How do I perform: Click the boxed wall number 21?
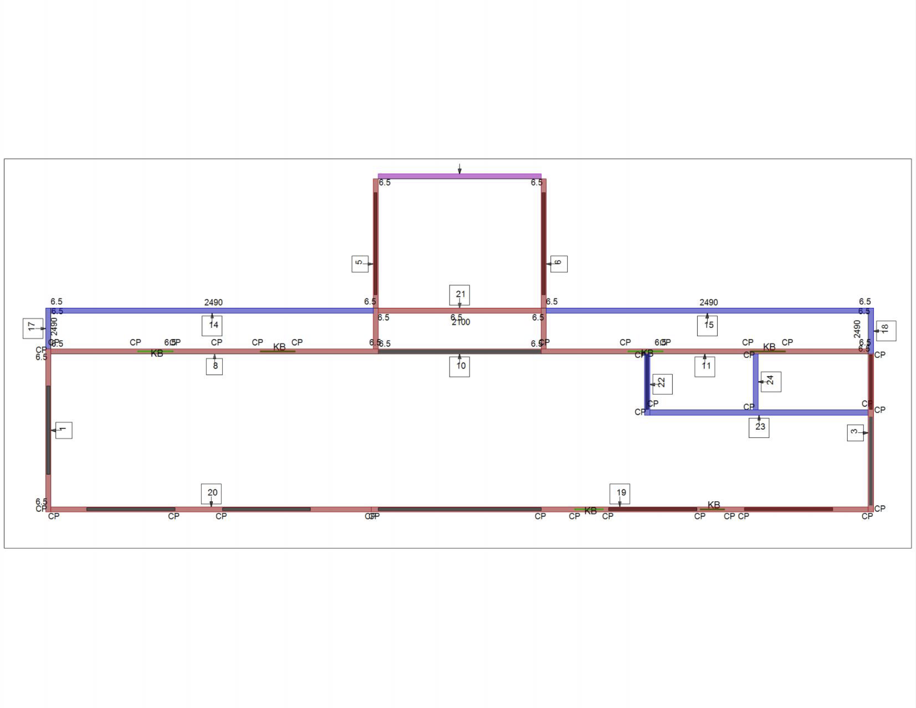tap(460, 295)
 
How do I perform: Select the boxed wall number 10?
tap(460, 366)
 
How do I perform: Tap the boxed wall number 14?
tap(212, 326)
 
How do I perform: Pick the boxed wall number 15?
tap(707, 326)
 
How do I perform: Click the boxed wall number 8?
tap(214, 366)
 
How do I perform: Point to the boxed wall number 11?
tap(704, 366)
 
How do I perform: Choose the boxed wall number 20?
tap(212, 493)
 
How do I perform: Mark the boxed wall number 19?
tap(620, 493)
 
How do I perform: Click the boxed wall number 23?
tap(759, 427)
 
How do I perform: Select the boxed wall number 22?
tap(663, 384)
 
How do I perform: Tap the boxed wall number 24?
tap(771, 381)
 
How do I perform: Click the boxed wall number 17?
tap(33, 328)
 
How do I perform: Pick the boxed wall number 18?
tap(886, 331)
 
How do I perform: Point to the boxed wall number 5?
tap(360, 264)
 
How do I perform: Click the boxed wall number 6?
tap(559, 264)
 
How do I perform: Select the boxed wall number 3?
tap(855, 432)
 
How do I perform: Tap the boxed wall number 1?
tap(64, 430)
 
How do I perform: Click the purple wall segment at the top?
tap(460, 176)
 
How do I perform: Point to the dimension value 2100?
tap(461, 322)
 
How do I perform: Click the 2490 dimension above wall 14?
tap(214, 302)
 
